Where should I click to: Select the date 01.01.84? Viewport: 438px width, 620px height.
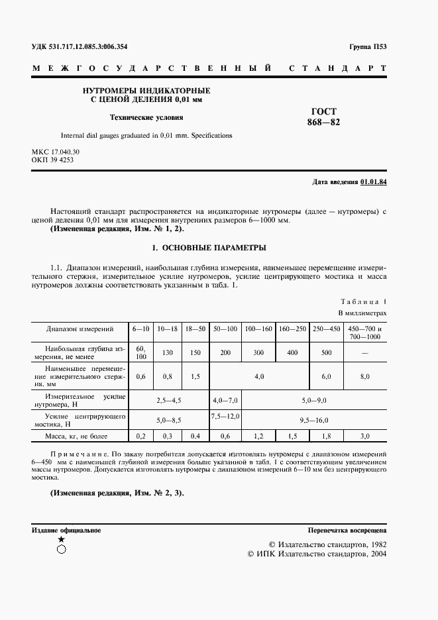coord(374,181)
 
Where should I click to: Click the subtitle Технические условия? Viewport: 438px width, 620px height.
coord(146,117)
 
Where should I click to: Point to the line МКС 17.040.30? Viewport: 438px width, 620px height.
coord(60,152)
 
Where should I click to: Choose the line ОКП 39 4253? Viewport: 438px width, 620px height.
coord(52,160)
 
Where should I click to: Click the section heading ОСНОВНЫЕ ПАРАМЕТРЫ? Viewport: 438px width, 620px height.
coord(209,248)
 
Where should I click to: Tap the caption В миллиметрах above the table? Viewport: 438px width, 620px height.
coord(362,312)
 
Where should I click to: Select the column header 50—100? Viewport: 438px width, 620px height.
coord(225,329)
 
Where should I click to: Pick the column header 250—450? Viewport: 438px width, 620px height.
coord(327,329)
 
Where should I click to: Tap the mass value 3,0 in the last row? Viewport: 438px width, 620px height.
coord(365,437)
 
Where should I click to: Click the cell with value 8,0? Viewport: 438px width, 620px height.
coord(365,376)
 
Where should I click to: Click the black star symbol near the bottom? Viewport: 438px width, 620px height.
coord(62,540)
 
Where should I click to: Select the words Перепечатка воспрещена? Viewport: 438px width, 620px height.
coord(347,531)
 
